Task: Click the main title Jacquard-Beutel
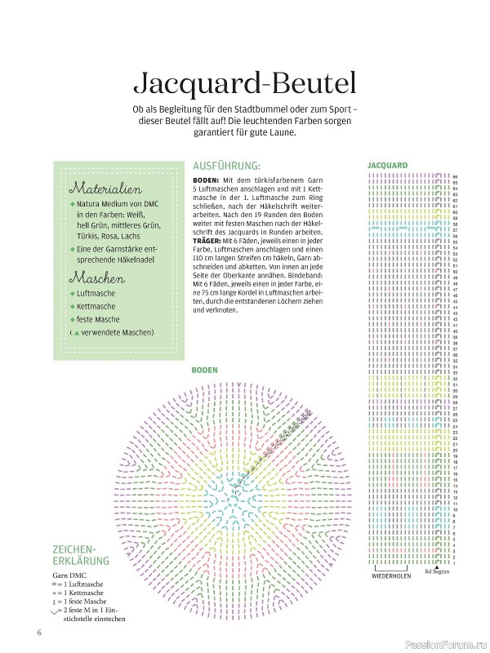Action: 244,85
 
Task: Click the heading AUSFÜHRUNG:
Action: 226,163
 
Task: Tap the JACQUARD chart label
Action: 387,163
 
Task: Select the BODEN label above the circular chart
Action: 204,370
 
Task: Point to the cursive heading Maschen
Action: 96,278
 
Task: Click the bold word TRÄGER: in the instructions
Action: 208,242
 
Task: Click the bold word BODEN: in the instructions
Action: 207,180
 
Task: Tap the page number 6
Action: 38,633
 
